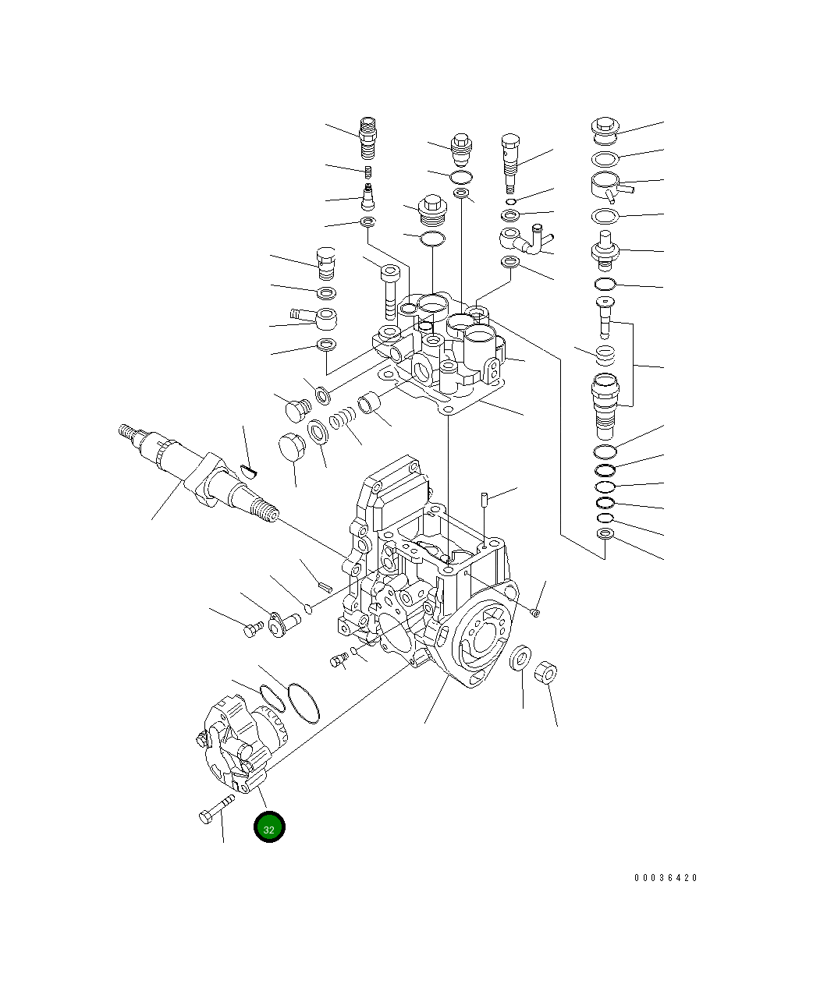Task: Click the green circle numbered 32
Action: tap(269, 827)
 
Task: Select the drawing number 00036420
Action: tap(666, 878)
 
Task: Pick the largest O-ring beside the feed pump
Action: tap(304, 702)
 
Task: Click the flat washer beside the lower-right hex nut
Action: tap(520, 658)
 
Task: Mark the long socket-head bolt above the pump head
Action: tap(390, 291)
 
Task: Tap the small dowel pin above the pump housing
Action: tap(484, 497)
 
